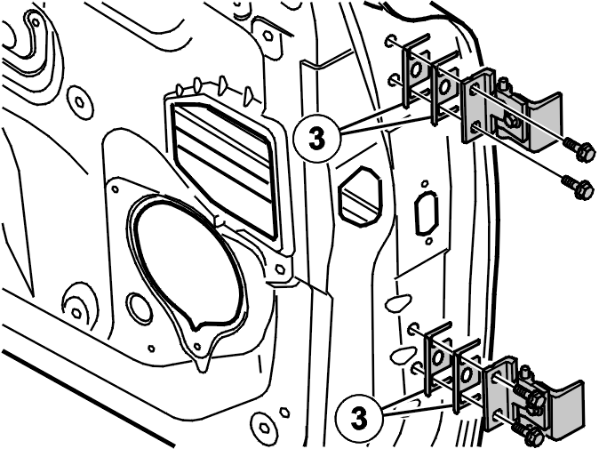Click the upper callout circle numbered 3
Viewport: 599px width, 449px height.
point(316,139)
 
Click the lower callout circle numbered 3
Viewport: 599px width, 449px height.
point(359,418)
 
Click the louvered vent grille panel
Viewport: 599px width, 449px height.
point(223,167)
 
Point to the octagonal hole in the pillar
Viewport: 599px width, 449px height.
point(360,196)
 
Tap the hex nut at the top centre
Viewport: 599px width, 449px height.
point(268,36)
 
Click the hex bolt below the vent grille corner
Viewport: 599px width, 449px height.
point(280,269)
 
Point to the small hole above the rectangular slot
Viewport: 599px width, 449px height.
point(424,184)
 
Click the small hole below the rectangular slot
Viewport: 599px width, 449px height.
point(429,241)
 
